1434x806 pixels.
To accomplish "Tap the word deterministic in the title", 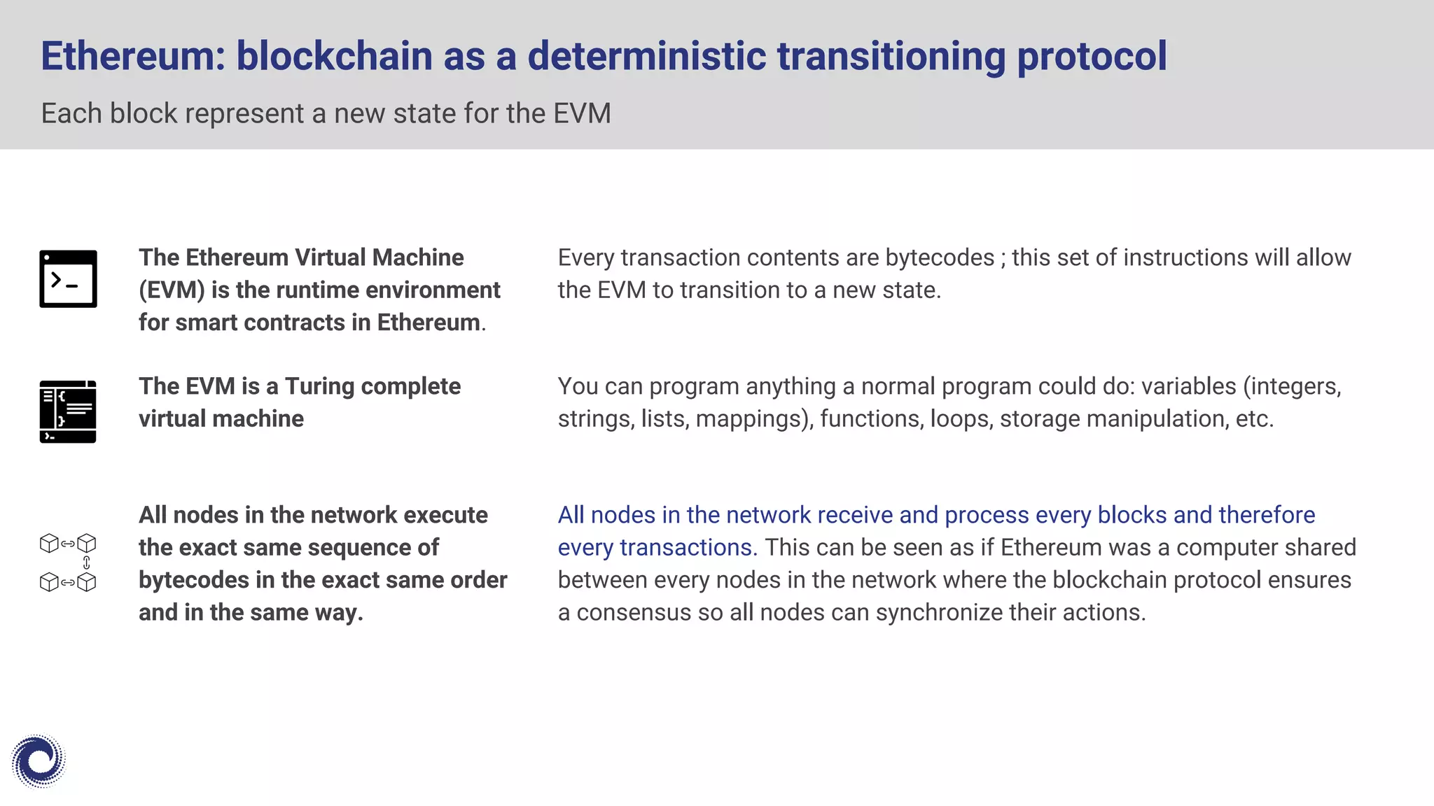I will (x=646, y=56).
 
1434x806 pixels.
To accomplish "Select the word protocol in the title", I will (x=1091, y=56).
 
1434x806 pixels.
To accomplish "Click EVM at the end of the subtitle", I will (x=582, y=113).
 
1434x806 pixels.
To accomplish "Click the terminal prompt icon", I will (x=68, y=279).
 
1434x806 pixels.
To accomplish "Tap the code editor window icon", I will (x=68, y=411).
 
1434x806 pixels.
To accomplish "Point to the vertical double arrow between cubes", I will (x=87, y=563).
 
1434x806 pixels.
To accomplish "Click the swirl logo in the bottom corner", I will (x=39, y=761).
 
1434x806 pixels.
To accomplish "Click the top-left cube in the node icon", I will (x=49, y=543).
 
